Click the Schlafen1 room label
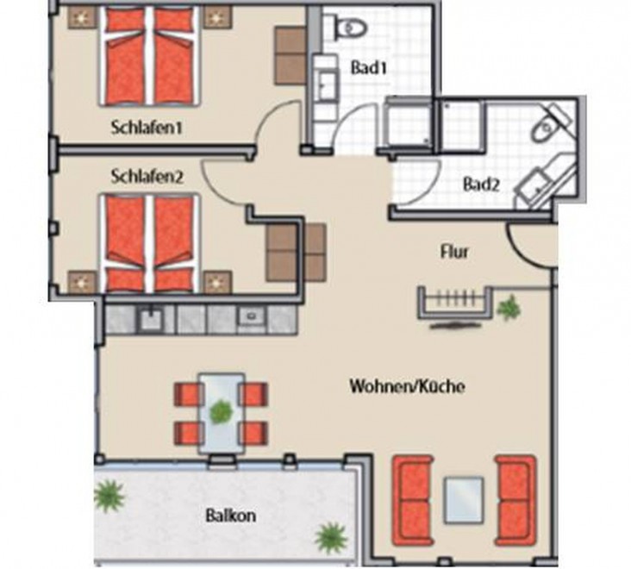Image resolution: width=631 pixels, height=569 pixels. click(x=147, y=128)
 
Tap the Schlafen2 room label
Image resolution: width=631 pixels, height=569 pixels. click(x=147, y=177)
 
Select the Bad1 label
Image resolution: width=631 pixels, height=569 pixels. click(x=368, y=67)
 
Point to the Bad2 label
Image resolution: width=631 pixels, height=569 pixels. click(x=481, y=184)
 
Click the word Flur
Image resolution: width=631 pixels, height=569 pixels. click(x=455, y=252)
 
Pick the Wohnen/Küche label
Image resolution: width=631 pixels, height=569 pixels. click(x=407, y=386)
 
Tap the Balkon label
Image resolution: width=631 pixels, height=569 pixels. click(x=230, y=516)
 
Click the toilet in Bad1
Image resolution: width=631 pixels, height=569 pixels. click(x=351, y=27)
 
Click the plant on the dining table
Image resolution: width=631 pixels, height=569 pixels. click(x=221, y=411)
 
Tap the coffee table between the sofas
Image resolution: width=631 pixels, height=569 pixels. click(x=463, y=500)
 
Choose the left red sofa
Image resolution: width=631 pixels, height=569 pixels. click(x=412, y=501)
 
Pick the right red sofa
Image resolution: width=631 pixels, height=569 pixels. click(x=515, y=501)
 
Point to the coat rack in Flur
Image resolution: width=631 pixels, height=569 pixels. click(x=455, y=303)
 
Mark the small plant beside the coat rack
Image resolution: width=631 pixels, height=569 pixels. click(x=509, y=307)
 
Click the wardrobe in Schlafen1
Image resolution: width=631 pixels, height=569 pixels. click(x=290, y=55)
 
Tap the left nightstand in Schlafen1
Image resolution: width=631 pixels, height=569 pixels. click(x=83, y=18)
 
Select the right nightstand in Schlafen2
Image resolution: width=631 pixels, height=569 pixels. click(x=217, y=283)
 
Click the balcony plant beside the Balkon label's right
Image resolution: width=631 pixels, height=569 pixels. click(x=331, y=538)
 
